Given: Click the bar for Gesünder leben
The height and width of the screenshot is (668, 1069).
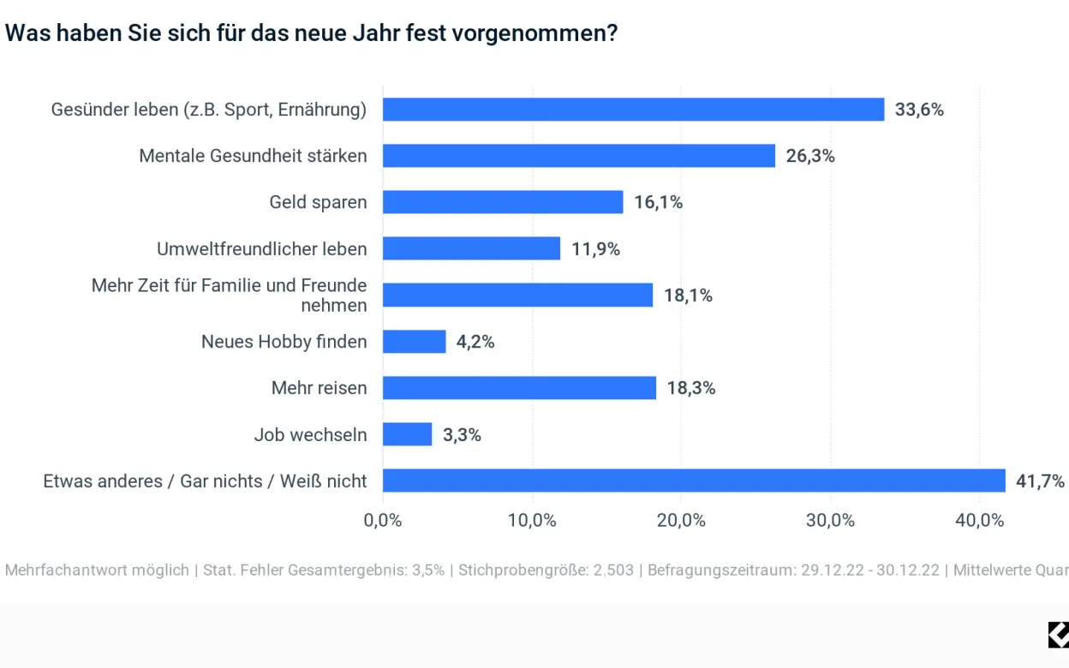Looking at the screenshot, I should point(633,110).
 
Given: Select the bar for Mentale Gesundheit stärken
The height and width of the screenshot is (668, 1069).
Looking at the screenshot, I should point(578,156).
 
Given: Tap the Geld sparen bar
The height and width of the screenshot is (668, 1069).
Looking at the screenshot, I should point(503,202).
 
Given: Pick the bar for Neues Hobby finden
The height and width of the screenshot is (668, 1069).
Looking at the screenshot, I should point(414,342).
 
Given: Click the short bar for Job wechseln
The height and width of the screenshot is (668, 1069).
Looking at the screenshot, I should point(407,434).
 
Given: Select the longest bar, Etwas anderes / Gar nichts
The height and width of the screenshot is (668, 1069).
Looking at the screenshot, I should point(694,480).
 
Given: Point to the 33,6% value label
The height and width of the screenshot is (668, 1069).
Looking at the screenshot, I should point(919,110).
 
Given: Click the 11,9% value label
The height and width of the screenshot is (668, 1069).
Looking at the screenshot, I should point(595,249).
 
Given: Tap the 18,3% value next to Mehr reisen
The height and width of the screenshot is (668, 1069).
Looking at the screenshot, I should point(690,388).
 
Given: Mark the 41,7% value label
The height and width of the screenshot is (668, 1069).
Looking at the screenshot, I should point(1040,480).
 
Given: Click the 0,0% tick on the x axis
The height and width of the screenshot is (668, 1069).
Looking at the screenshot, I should point(383,520).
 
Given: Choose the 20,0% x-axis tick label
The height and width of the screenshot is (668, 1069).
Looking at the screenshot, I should point(681,520).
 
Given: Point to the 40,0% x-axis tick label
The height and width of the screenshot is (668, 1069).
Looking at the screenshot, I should point(979,520).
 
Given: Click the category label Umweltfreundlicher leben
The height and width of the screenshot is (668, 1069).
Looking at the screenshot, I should point(261,249).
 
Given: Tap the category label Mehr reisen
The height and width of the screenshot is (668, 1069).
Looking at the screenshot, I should point(319,388).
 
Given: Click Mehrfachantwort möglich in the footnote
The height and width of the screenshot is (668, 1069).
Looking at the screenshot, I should point(97,570).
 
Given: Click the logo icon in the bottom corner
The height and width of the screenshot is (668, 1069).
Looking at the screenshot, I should point(1058,635).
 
